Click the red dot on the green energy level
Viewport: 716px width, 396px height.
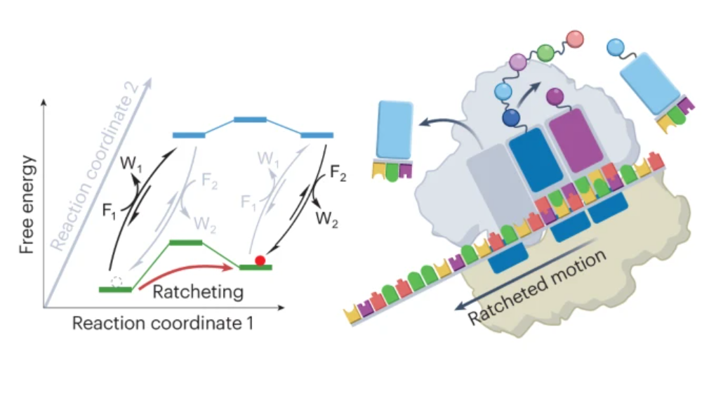pyautogui.click(x=260, y=260)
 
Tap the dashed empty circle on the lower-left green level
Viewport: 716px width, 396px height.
pyautogui.click(x=117, y=282)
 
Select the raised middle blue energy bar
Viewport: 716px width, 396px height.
pyautogui.click(x=250, y=119)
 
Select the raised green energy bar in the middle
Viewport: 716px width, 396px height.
pyautogui.click(x=187, y=243)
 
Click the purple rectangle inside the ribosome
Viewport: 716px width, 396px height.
pyautogui.click(x=572, y=140)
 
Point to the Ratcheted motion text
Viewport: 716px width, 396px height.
pyautogui.click(x=536, y=287)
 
